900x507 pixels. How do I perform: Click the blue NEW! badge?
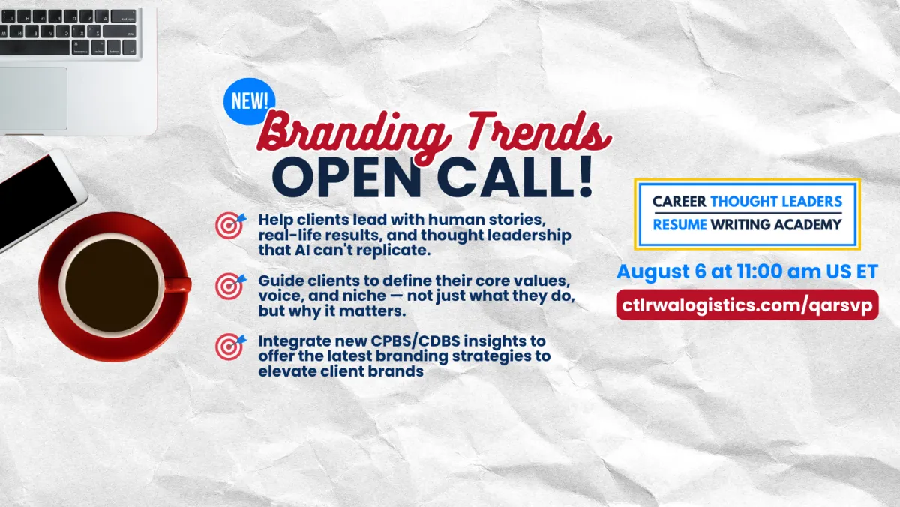coord(249,101)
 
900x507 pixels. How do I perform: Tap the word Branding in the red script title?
coord(352,133)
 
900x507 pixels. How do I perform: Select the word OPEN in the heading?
coord(346,178)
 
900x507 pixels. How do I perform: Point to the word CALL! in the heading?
coord(515,177)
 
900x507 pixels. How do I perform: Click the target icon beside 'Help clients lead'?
coord(230,226)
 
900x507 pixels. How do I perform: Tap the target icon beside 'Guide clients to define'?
coord(230,286)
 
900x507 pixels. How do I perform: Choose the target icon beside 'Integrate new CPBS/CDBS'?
coord(230,346)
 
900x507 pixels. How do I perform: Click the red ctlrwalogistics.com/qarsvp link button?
coord(747,304)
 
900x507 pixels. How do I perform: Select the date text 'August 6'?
coord(661,271)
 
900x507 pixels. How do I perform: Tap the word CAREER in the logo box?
coord(679,201)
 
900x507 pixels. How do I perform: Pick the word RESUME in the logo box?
coord(679,224)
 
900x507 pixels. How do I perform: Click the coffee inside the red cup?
coord(112,286)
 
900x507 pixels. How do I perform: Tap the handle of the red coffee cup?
coord(178,284)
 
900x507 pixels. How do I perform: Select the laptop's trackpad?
coord(33,98)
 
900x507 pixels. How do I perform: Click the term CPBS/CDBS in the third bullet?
coord(415,340)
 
